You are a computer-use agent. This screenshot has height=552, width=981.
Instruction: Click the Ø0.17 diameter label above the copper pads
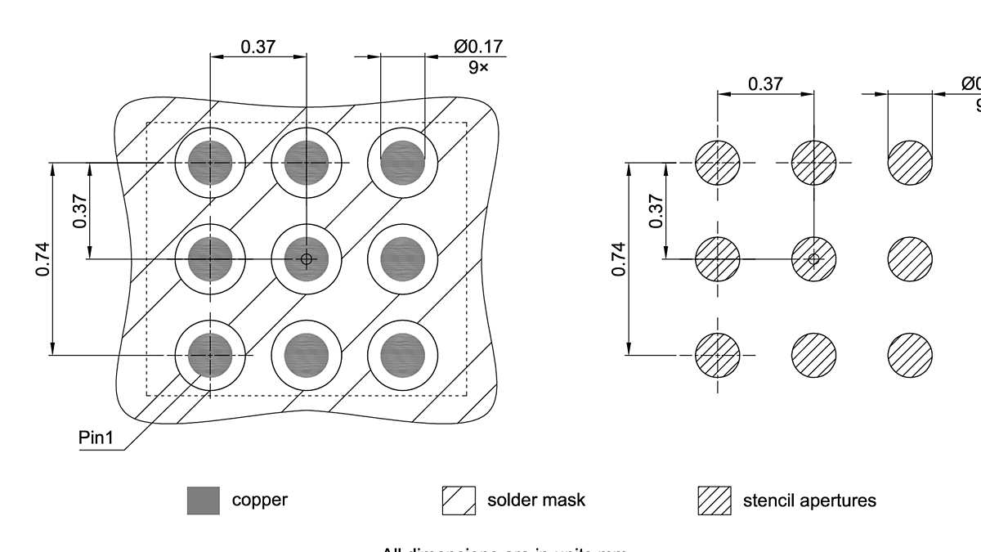478,47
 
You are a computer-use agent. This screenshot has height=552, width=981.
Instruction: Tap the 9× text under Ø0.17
478,68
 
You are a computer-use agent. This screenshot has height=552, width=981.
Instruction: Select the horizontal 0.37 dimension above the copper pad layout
258,47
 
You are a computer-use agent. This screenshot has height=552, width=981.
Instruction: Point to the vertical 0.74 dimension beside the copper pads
43,258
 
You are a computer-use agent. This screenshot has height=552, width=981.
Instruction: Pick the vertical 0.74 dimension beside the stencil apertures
619,258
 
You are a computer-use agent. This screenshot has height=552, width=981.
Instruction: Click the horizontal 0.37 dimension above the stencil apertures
765,83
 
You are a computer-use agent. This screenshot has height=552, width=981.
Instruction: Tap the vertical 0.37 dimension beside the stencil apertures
656,211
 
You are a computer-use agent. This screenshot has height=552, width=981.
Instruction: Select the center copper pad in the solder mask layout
307,259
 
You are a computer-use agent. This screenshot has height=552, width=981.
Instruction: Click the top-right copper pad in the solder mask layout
403,163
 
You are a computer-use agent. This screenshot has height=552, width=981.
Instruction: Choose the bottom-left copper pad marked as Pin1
210,356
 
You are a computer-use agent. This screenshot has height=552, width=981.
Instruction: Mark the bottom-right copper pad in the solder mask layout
403,356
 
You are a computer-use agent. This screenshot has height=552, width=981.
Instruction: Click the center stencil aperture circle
813,258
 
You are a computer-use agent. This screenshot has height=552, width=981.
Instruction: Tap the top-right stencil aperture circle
910,163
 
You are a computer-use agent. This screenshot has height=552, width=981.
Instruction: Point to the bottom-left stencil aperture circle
718,356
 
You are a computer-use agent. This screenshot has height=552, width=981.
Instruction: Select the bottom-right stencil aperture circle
910,356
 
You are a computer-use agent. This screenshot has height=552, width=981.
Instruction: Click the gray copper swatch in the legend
203,500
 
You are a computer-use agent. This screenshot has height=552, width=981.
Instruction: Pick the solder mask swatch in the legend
459,500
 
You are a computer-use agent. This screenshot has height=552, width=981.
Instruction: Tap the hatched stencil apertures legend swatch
714,500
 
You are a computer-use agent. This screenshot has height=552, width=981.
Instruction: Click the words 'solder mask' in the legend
536,500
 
